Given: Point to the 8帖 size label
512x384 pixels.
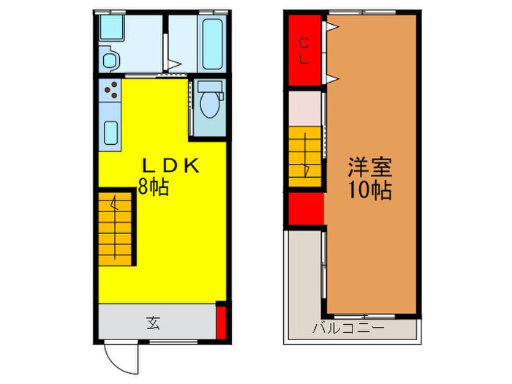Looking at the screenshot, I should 154,187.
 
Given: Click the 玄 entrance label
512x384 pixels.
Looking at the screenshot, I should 154,321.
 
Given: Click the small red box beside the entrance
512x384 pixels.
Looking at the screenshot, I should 221,322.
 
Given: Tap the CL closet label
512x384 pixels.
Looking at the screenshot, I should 303,51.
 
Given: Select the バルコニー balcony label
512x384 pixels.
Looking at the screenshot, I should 349,328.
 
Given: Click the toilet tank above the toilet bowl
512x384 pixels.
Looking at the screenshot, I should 211,87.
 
